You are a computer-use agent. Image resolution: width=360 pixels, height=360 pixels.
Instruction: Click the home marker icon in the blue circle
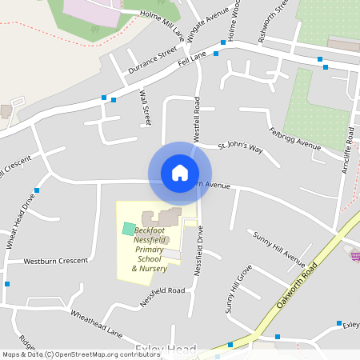point(179,173)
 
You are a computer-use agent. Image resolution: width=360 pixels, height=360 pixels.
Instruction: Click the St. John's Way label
point(240,147)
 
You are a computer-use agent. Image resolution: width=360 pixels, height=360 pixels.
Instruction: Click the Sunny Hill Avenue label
point(278,250)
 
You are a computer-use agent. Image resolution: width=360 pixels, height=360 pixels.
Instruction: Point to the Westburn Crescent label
point(55,262)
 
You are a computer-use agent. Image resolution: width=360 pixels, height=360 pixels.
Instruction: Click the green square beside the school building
point(128,229)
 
